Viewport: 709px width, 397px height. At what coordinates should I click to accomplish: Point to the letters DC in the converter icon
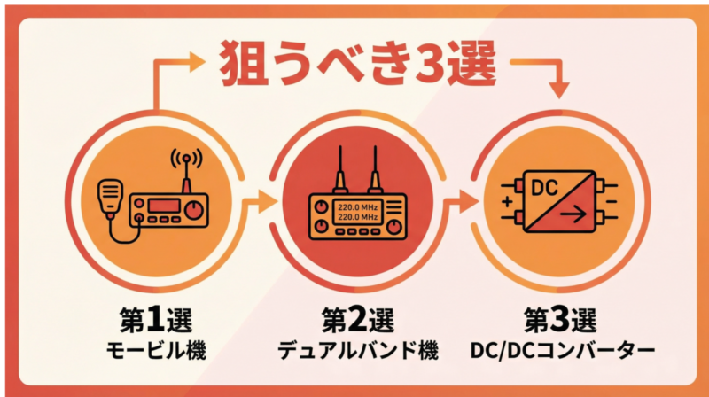(x=542, y=188)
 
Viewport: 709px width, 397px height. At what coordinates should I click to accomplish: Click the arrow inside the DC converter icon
(x=577, y=213)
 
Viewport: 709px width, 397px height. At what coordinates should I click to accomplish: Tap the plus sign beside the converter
(x=506, y=203)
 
